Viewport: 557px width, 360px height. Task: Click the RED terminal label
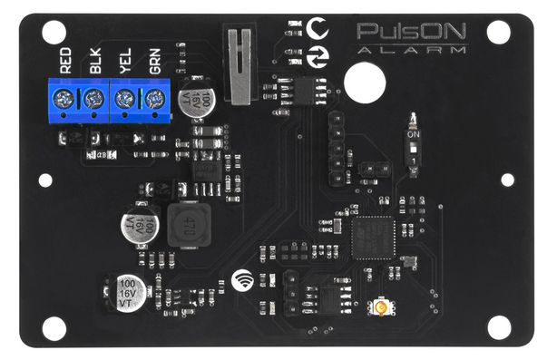coord(65,62)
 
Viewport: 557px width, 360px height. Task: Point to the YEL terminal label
coord(126,62)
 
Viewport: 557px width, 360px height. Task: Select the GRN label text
coord(156,62)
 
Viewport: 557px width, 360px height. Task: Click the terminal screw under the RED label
coord(64,97)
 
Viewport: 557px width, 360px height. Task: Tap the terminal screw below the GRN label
coord(155,97)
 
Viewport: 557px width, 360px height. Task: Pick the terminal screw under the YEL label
coord(125,97)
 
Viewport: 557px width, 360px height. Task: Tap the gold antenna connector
coord(382,309)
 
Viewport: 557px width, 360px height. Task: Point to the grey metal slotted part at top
coord(238,65)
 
